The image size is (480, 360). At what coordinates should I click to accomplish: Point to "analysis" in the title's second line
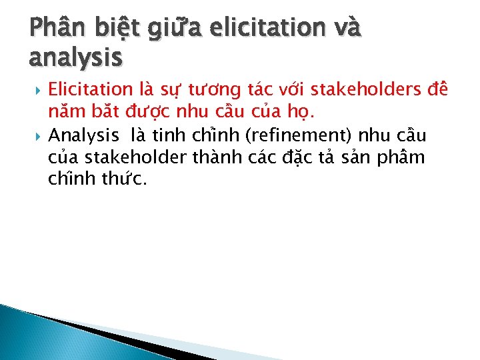(75, 59)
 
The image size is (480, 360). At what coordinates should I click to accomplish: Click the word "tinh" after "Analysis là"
(167, 135)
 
